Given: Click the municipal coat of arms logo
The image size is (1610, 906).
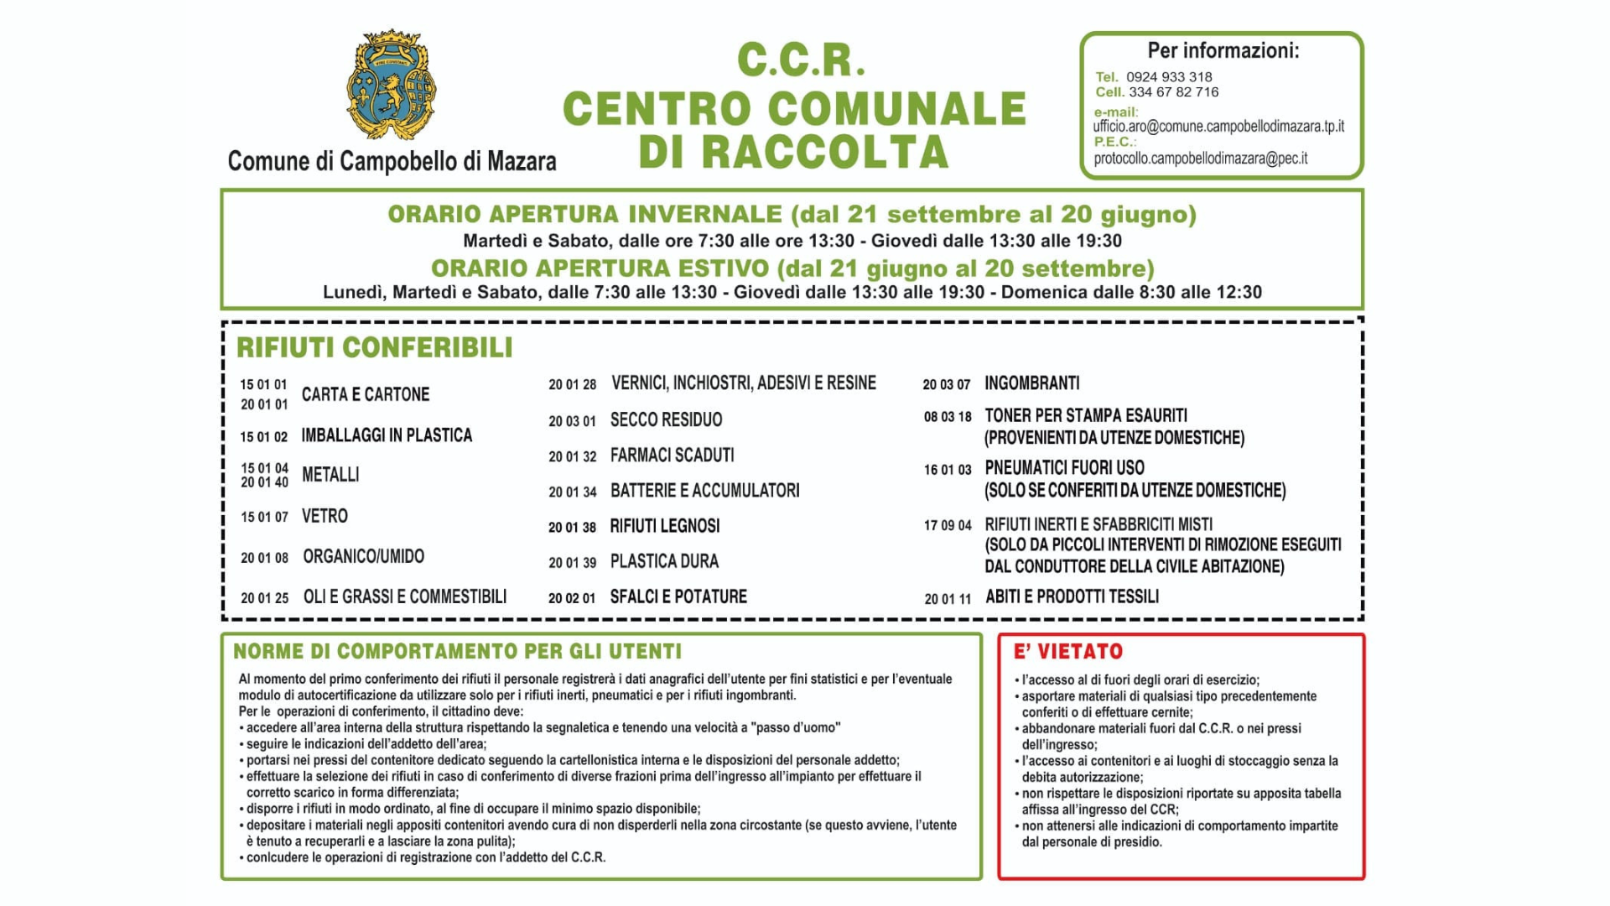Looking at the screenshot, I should [x=391, y=85].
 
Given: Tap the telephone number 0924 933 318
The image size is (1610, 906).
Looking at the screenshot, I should [x=1169, y=77].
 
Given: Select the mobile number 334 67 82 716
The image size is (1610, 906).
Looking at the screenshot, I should [x=1173, y=92].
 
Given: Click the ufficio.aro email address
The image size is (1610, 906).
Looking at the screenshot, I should [x=1218, y=127].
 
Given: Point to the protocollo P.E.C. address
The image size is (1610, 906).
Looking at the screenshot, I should [x=1200, y=159].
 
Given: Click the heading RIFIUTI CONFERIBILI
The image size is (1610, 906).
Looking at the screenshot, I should [x=374, y=347].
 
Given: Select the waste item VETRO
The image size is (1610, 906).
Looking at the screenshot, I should [x=325, y=516].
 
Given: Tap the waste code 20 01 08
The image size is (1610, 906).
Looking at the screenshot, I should [x=264, y=558].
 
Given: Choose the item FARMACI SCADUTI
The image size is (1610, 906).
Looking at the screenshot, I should [x=672, y=456].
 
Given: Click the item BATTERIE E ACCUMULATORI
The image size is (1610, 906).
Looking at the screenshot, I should [x=704, y=491].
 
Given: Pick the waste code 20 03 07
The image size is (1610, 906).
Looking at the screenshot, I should [x=946, y=384].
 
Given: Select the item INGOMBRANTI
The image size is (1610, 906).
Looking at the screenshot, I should [x=1031, y=383].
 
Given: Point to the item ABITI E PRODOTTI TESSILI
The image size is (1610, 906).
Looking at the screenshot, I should [x=1072, y=596].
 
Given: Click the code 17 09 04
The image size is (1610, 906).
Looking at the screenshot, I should [x=948, y=526].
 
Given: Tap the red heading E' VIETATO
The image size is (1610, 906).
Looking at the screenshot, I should [x=1067, y=652].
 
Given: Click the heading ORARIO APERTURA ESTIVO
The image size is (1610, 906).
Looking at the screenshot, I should [x=600, y=268].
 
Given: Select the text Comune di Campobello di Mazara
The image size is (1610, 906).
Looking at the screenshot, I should [x=392, y=161].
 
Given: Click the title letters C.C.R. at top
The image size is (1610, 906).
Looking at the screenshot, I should [x=800, y=60].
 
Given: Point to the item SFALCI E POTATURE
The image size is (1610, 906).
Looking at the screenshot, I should [x=678, y=596].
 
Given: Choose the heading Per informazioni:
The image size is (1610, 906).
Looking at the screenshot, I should [x=1223, y=51].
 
